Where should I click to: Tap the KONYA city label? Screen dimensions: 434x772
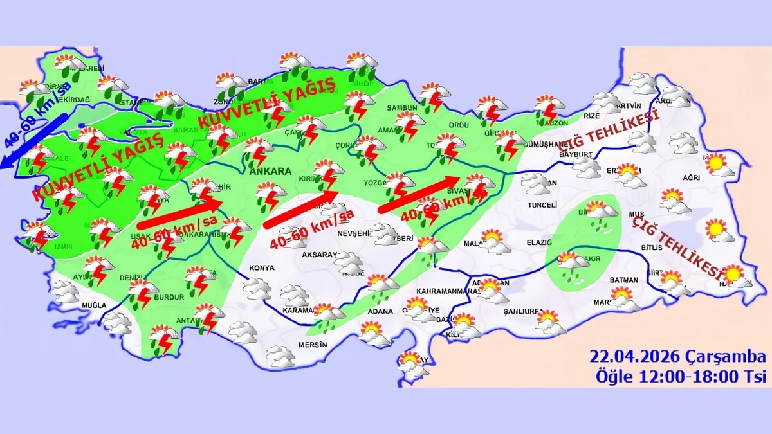pyautogui.click(x=262, y=268)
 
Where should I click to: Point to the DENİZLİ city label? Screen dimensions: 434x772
pyautogui.click(x=133, y=278)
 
